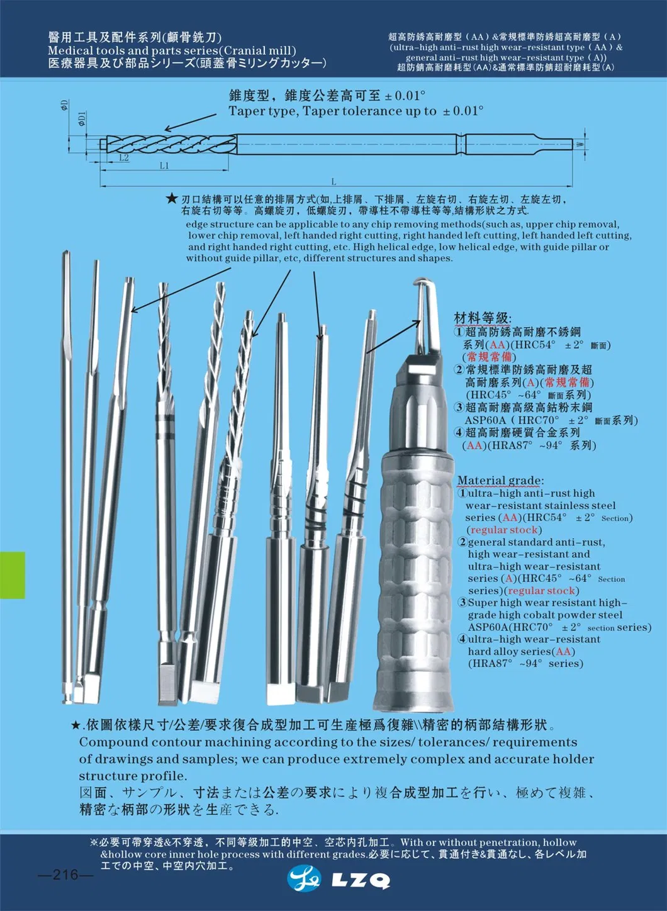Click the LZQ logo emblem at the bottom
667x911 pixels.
click(x=303, y=879)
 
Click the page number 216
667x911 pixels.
click(x=65, y=875)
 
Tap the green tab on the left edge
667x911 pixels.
click(x=12, y=574)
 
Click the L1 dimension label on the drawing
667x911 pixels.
click(x=164, y=165)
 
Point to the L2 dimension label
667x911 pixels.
click(x=123, y=158)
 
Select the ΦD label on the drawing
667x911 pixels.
click(x=64, y=105)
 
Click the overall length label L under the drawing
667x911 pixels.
click(x=333, y=181)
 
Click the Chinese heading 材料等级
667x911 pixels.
click(x=483, y=318)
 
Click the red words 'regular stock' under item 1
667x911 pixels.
click(x=504, y=530)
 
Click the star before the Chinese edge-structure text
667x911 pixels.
click(x=171, y=199)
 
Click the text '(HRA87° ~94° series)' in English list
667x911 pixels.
click(x=525, y=664)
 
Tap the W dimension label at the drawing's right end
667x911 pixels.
click(x=580, y=144)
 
